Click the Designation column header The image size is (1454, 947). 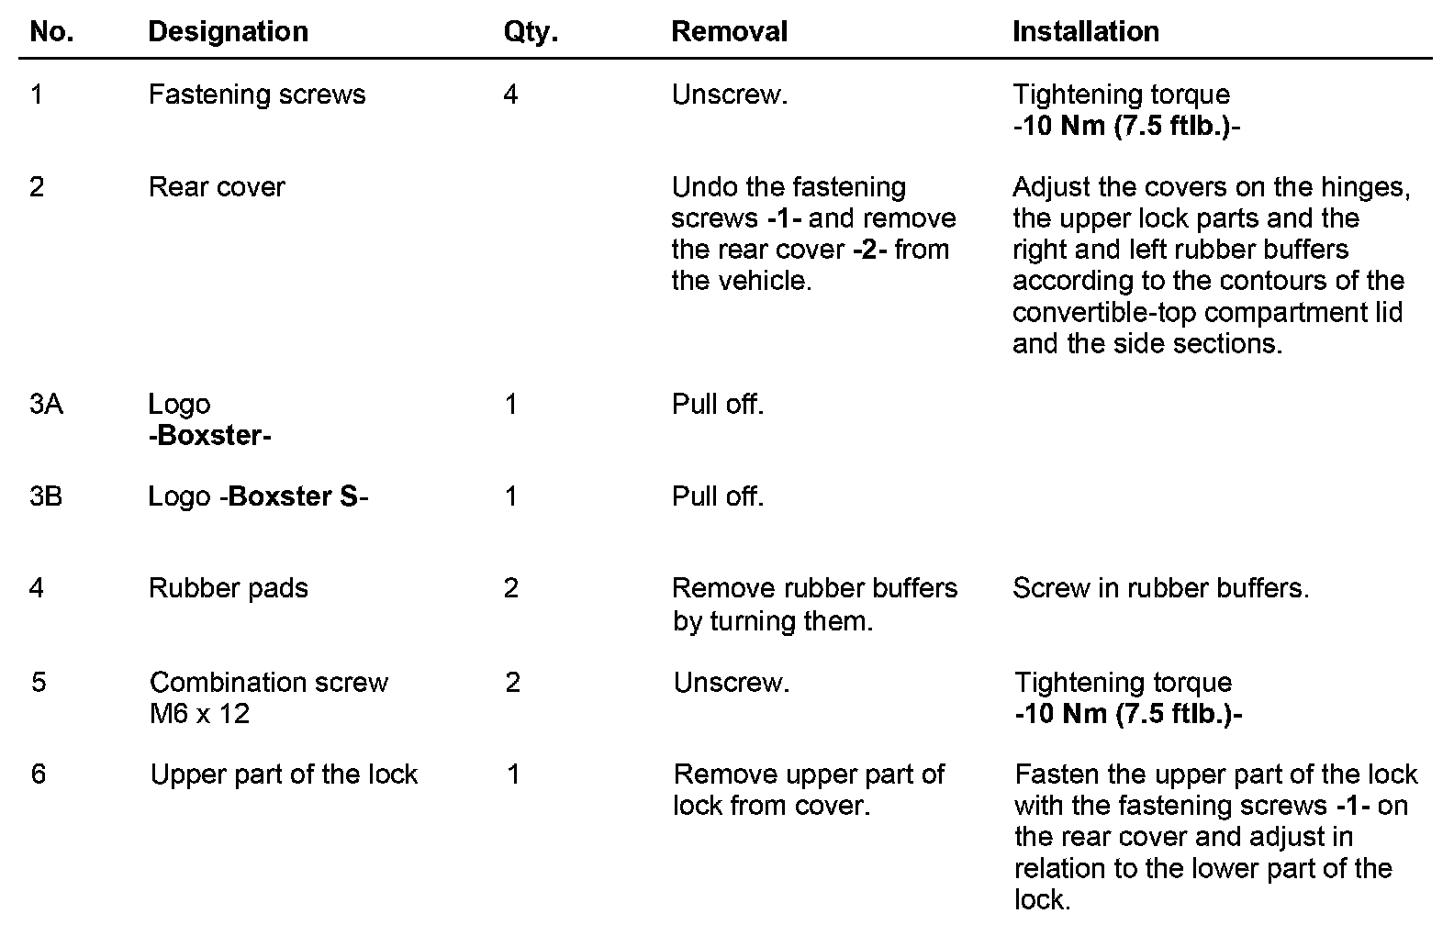228,32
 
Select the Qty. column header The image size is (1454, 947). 531,32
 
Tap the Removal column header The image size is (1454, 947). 729,32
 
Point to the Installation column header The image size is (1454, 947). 1085,32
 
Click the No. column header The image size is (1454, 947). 51,32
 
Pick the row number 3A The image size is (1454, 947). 46,405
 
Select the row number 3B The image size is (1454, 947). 46,496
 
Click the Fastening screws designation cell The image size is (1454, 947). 257,95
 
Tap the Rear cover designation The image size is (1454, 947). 217,187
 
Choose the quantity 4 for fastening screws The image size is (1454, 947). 510,95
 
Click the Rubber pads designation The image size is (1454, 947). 228,588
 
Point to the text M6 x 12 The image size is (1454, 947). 199,714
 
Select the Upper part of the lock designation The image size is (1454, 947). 284,774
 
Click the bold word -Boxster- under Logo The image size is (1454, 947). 209,436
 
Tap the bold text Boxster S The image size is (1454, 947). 293,496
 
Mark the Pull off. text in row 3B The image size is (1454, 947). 717,496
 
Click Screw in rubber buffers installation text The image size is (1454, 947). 1160,588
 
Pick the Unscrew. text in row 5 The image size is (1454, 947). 731,683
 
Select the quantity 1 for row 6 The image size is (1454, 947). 513,774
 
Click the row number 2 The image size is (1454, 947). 37,187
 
